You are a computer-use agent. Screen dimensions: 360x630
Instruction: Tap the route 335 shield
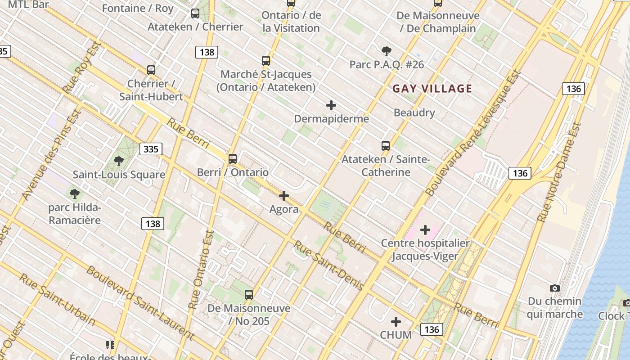[x=151, y=149]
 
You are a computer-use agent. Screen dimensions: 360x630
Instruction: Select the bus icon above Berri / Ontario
[x=233, y=158]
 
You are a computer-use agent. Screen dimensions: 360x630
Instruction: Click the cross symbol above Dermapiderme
[x=331, y=105]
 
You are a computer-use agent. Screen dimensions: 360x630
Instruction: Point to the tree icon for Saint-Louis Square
[x=119, y=161]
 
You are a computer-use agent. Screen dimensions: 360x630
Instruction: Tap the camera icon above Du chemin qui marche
[x=555, y=288]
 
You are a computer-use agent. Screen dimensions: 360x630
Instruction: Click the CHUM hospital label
[x=396, y=335]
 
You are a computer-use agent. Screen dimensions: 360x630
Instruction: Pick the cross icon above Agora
[x=284, y=196]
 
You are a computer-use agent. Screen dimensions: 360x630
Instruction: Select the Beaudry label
[x=414, y=112]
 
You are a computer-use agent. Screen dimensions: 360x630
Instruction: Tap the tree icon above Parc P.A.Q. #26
[x=386, y=51]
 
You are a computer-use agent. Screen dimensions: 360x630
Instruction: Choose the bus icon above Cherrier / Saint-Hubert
[x=151, y=70]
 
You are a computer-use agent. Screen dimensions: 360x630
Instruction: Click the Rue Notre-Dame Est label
[x=559, y=172]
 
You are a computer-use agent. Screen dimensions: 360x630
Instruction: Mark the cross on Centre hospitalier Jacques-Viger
[x=425, y=230]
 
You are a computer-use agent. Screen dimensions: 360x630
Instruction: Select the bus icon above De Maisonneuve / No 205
[x=249, y=295]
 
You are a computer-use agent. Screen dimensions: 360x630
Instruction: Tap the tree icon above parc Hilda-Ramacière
[x=75, y=194]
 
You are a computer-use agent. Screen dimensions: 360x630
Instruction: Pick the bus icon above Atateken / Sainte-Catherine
[x=386, y=146]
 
